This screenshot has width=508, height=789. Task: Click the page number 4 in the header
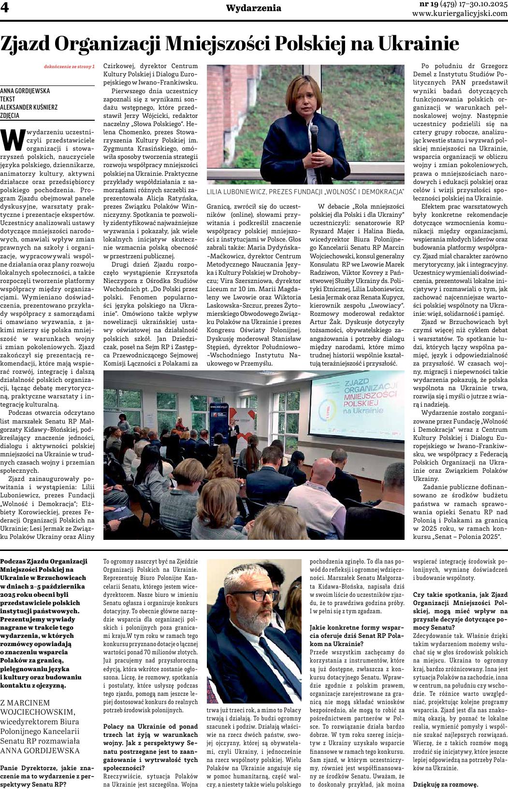click(6, 9)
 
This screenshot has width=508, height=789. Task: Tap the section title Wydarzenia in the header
click(254, 8)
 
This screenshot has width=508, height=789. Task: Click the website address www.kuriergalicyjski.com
click(460, 14)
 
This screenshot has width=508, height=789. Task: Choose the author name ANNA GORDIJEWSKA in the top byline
click(25, 90)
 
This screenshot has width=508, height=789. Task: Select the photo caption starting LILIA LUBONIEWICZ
click(305, 192)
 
